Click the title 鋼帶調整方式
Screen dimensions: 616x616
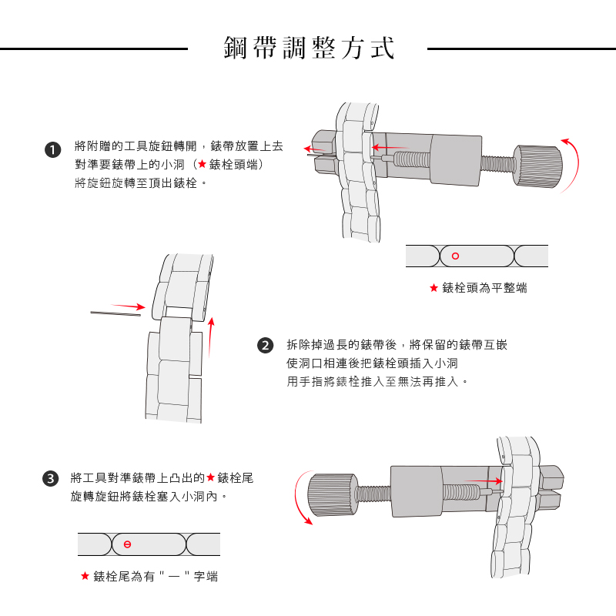pyautogui.click(x=308, y=48)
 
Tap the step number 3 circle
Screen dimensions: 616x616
pyautogui.click(x=51, y=478)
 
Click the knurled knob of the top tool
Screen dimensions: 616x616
pyautogui.click(x=537, y=168)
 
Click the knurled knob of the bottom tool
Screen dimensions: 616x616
pyautogui.click(x=332, y=494)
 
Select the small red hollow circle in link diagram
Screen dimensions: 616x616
pyautogui.click(x=455, y=256)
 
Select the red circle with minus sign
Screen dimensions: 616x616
pyautogui.click(x=127, y=544)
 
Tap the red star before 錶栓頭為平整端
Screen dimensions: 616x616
pyautogui.click(x=434, y=288)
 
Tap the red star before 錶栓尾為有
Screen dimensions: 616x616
pyautogui.click(x=85, y=576)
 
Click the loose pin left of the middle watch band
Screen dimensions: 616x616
pyautogui.click(x=115, y=313)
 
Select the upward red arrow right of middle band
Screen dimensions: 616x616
pyautogui.click(x=210, y=335)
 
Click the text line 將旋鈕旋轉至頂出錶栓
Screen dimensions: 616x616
pyautogui.click(x=140, y=183)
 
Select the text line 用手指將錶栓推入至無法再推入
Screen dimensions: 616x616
pyautogui.click(x=377, y=381)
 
